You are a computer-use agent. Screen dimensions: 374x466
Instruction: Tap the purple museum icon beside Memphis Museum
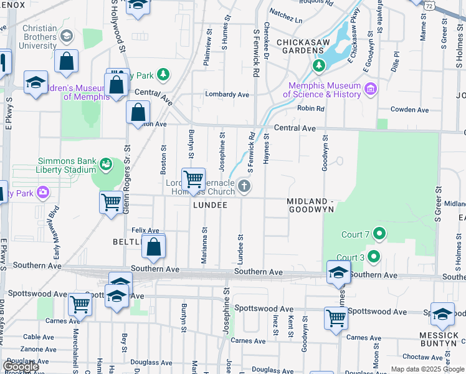click(371, 89)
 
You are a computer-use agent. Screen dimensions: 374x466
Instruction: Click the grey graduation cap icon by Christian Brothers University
click(65, 36)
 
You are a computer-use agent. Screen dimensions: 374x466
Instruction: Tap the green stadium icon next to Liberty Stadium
click(106, 164)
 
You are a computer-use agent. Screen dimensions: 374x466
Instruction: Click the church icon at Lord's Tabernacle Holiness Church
click(245, 185)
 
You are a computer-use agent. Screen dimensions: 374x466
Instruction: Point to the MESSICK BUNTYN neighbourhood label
click(439, 340)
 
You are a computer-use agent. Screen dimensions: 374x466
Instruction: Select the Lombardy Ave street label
click(228, 95)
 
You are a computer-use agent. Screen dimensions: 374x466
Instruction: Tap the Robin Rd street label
click(311, 108)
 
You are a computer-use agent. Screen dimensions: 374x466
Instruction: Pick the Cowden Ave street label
click(409, 110)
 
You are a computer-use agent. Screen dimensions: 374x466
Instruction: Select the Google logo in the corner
click(21, 367)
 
